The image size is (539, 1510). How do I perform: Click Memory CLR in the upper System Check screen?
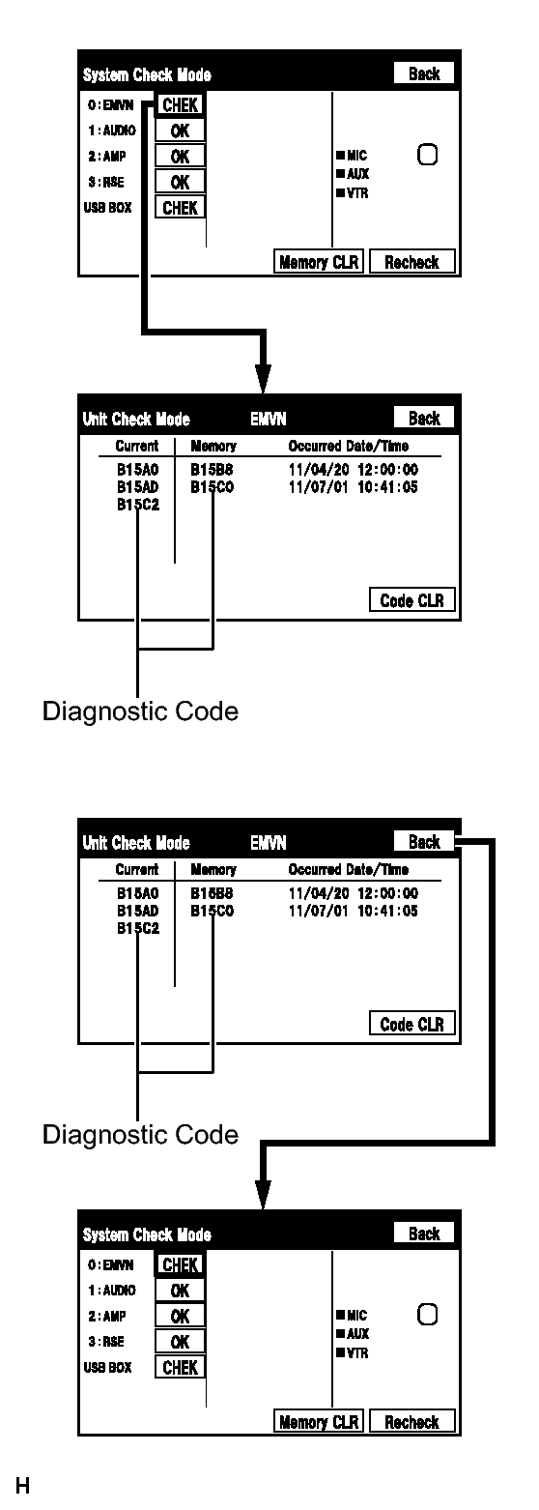[x=319, y=262]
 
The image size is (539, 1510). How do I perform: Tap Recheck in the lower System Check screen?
[x=411, y=1422]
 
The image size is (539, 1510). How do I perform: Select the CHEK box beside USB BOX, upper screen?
[x=180, y=208]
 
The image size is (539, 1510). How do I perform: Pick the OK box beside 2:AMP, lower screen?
[x=180, y=1316]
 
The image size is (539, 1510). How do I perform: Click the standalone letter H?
[x=22, y=1485]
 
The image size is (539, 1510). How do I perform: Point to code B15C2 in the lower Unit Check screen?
[x=138, y=928]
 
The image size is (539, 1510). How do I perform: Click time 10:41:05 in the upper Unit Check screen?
[x=387, y=486]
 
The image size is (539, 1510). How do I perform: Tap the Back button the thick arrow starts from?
[x=424, y=842]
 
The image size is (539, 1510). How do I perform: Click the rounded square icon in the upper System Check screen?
[x=428, y=155]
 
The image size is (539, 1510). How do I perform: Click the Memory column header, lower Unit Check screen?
[x=213, y=870]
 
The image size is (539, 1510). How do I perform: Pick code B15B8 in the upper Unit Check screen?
[x=212, y=469]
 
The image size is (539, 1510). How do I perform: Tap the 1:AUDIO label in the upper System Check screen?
[x=112, y=131]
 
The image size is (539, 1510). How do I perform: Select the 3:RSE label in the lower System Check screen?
[x=106, y=1342]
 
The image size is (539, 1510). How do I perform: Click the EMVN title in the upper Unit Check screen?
[x=269, y=419]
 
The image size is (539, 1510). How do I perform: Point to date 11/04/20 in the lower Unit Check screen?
[x=319, y=893]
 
